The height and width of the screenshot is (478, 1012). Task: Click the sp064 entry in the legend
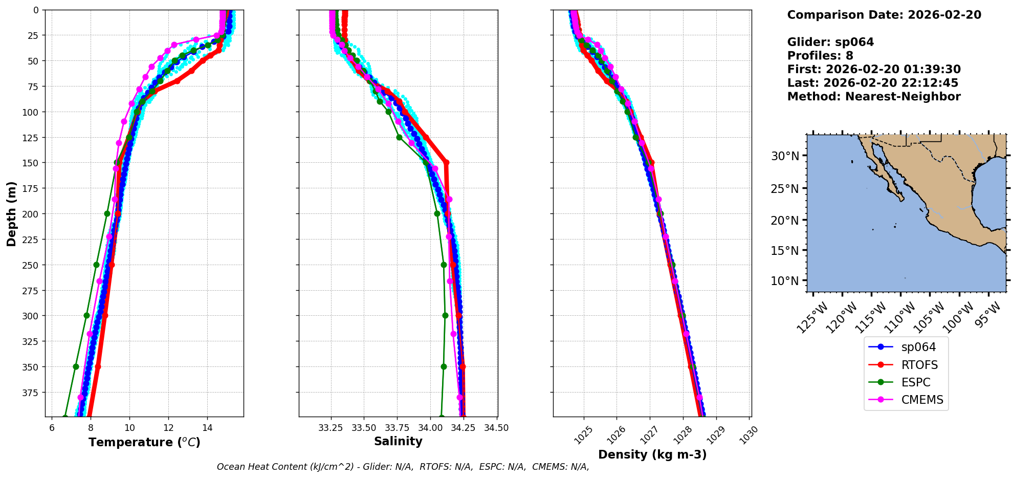[918, 347]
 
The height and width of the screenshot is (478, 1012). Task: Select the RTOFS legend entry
[919, 365]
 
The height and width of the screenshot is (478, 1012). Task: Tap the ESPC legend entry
[915, 382]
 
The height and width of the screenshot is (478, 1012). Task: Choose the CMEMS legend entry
[921, 400]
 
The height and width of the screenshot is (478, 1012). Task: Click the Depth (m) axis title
[11, 213]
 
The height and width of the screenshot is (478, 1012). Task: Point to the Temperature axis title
[144, 442]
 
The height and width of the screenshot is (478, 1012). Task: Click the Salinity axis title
[398, 441]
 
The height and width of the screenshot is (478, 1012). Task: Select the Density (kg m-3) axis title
[652, 454]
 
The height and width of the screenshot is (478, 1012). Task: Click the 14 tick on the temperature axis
[207, 428]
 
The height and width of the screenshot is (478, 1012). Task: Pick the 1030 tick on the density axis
[748, 435]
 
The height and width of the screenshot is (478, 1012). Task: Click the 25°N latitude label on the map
[785, 189]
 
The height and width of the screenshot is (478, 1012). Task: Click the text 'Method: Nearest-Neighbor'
[873, 97]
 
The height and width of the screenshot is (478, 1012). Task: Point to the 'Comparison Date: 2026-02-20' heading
[884, 15]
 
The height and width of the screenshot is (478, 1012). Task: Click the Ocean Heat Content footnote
[403, 467]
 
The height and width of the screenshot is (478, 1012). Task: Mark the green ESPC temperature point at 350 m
[76, 366]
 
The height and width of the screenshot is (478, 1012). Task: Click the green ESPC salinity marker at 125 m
[399, 137]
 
